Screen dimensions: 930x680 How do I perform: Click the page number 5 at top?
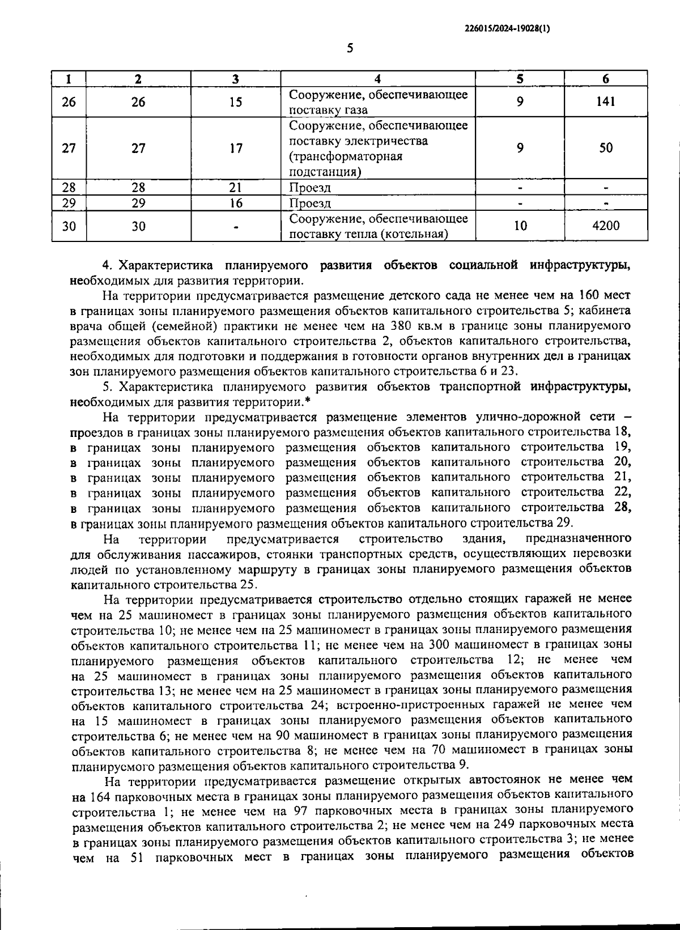coord(350,49)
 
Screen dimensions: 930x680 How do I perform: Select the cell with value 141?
coord(605,102)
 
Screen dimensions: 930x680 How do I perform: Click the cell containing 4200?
coord(605,226)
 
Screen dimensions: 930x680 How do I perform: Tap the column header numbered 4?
coord(377,79)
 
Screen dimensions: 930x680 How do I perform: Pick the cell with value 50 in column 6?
coord(605,148)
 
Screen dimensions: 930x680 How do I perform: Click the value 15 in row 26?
coord(236,102)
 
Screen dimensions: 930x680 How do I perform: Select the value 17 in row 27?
coord(236,148)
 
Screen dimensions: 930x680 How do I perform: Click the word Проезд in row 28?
coord(310,188)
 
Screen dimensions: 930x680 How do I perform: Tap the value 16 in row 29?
coord(236,203)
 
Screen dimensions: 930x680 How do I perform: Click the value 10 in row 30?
coord(520,226)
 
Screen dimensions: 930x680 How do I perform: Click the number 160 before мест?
coord(590,295)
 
